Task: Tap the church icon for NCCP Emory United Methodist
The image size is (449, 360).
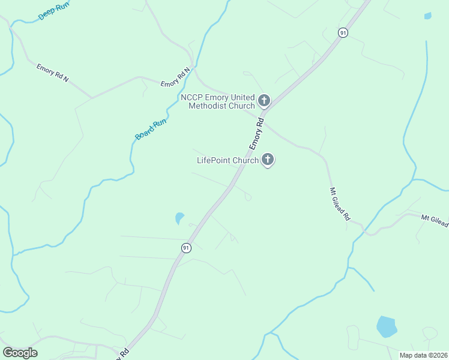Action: tap(264, 100)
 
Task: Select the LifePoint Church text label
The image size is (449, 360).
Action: tap(228, 160)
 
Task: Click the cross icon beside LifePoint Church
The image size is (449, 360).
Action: tap(268, 160)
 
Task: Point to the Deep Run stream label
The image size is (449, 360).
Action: tap(54, 11)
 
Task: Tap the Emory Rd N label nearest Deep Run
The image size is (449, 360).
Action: tap(53, 73)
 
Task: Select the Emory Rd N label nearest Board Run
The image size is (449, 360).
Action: tap(175, 77)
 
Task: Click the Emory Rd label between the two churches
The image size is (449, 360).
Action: tap(257, 134)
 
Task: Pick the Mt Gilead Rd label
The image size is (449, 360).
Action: tap(339, 205)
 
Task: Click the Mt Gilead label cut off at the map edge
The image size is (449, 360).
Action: tap(435, 220)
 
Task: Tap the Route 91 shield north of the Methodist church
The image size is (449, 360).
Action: tap(342, 33)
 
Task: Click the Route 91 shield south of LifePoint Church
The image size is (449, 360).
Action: tap(186, 248)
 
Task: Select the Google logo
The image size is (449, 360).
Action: tap(20, 353)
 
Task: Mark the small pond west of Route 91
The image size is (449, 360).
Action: tap(179, 218)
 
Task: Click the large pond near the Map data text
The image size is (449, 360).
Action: tap(386, 326)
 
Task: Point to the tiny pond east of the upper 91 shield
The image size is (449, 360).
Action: tap(427, 16)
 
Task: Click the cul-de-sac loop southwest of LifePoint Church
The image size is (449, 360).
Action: tap(248, 197)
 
